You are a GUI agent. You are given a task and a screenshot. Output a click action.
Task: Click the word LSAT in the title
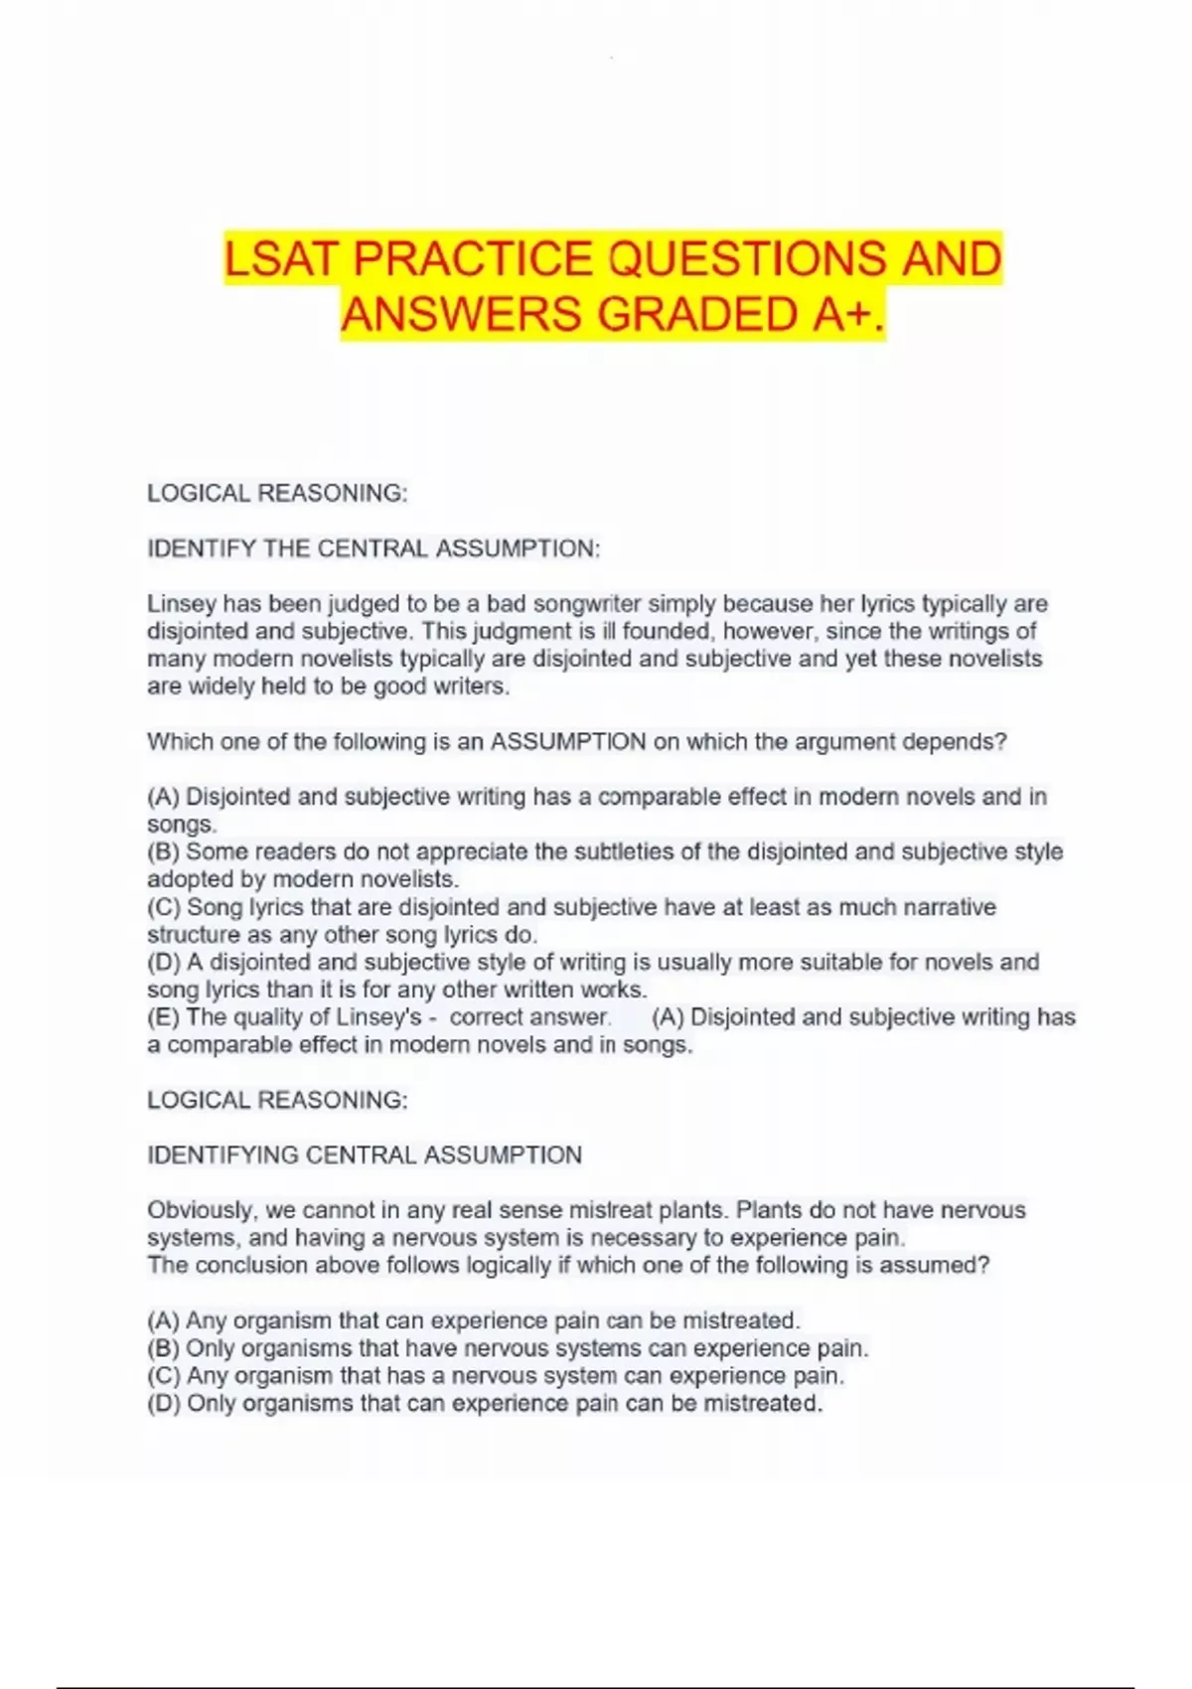[282, 259]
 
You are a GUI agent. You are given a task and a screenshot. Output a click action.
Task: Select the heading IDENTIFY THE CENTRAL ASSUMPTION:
[373, 548]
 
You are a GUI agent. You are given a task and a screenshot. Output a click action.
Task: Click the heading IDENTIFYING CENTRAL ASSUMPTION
[365, 1155]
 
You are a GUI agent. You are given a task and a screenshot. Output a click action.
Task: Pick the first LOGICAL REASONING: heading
[277, 494]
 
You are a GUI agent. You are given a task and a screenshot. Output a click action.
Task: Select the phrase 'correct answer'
[528, 1017]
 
